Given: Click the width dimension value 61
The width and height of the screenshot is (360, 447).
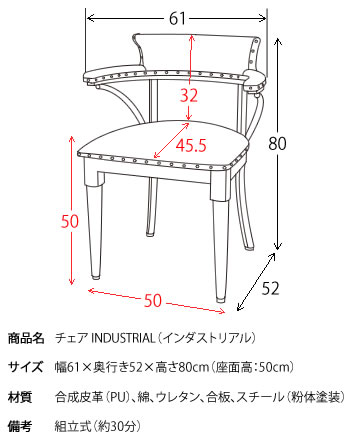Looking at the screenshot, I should [175, 17].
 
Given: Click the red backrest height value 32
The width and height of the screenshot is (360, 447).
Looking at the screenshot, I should [187, 96].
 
